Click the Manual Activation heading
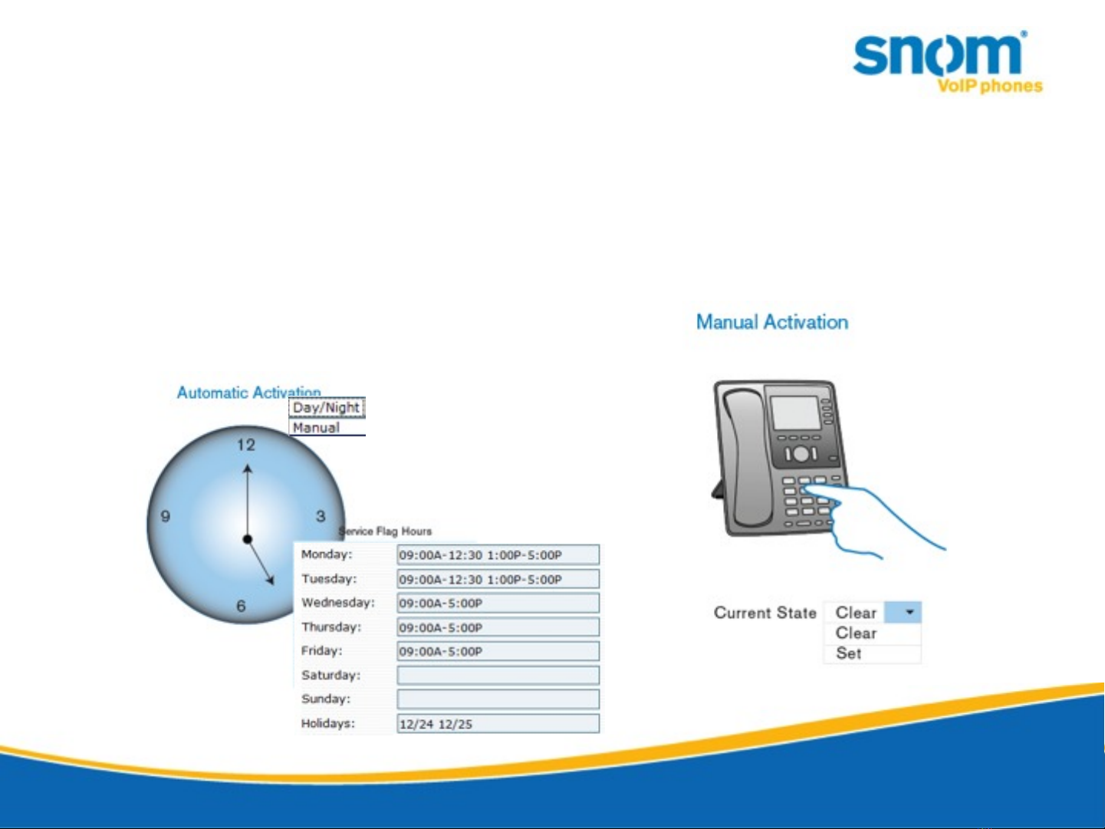coord(772,322)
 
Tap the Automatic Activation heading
coord(248,392)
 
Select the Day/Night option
coord(327,408)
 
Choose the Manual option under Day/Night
coord(317,428)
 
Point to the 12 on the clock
coord(246,445)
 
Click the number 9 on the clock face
coord(166,516)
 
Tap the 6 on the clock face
coord(241,606)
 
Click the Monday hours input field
coord(498,554)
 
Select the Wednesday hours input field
coord(498,603)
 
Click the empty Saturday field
coord(498,676)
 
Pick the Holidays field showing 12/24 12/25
coord(498,724)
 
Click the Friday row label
coord(321,651)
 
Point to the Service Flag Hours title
coord(385,531)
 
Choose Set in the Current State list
coord(849,653)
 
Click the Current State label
coord(765,613)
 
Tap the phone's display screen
coord(796,413)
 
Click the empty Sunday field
coord(498,699)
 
